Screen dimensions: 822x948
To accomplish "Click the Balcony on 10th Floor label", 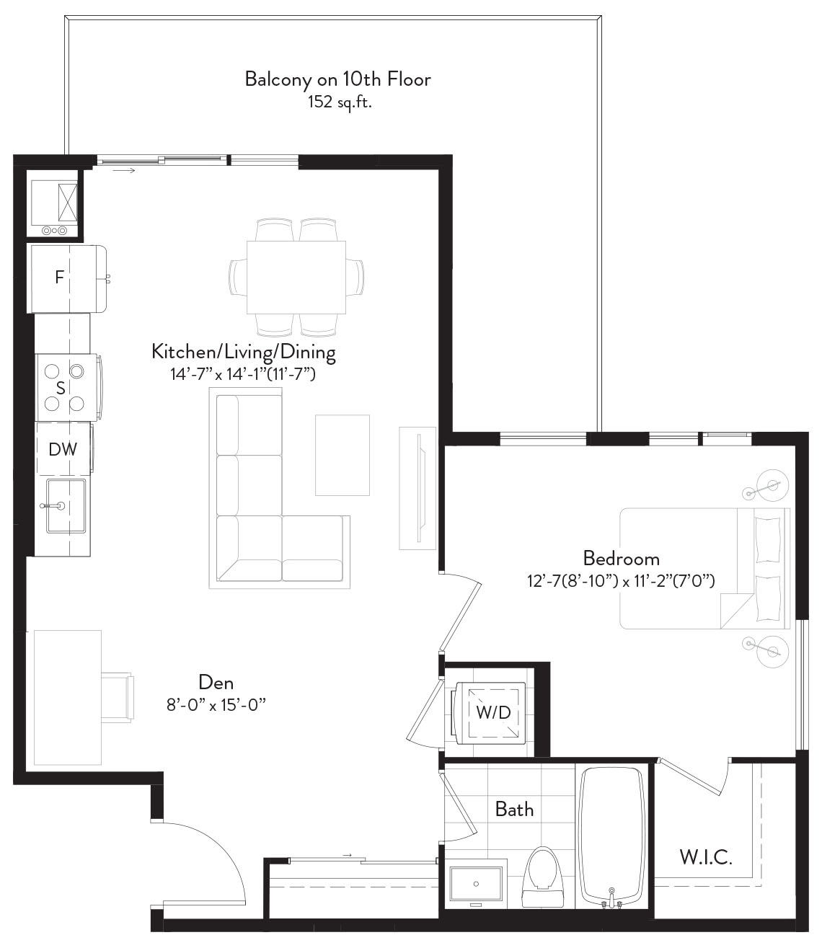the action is pos(338,79).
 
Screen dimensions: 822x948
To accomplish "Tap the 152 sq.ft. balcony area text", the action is pos(340,102).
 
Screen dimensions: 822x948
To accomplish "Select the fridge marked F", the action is pos(68,278).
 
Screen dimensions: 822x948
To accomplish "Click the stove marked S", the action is pos(68,388).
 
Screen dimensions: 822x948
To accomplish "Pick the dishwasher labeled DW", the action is pos(64,449).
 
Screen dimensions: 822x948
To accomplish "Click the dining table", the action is pos(296,278).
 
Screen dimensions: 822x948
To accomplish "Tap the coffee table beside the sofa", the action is pos(342,455).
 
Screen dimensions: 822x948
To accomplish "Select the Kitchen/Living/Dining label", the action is pos(244,352).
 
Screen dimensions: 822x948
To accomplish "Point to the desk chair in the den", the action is pos(117,697).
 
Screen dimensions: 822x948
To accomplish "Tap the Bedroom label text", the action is pos(622,559).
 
